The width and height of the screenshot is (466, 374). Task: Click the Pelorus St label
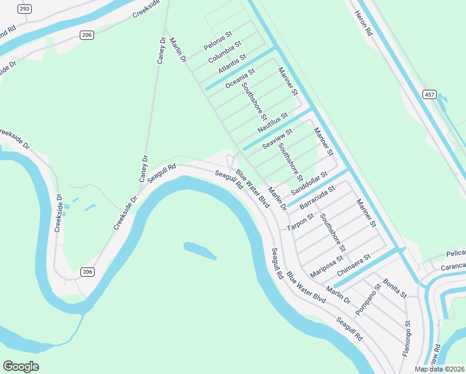(x=217, y=41)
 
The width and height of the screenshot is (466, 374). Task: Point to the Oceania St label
(x=240, y=79)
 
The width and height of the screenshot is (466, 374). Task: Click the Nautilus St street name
(x=273, y=122)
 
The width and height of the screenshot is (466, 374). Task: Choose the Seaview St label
(x=277, y=138)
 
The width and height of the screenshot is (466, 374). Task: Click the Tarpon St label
(x=300, y=219)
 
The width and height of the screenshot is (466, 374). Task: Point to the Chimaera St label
(x=353, y=265)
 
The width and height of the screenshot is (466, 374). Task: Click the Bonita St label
(x=395, y=288)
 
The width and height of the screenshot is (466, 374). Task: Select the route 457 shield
(x=429, y=94)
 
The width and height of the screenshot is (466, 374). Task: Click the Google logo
(x=21, y=367)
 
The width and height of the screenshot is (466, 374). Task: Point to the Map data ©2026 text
(x=440, y=369)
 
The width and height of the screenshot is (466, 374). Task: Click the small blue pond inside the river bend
(x=200, y=251)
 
